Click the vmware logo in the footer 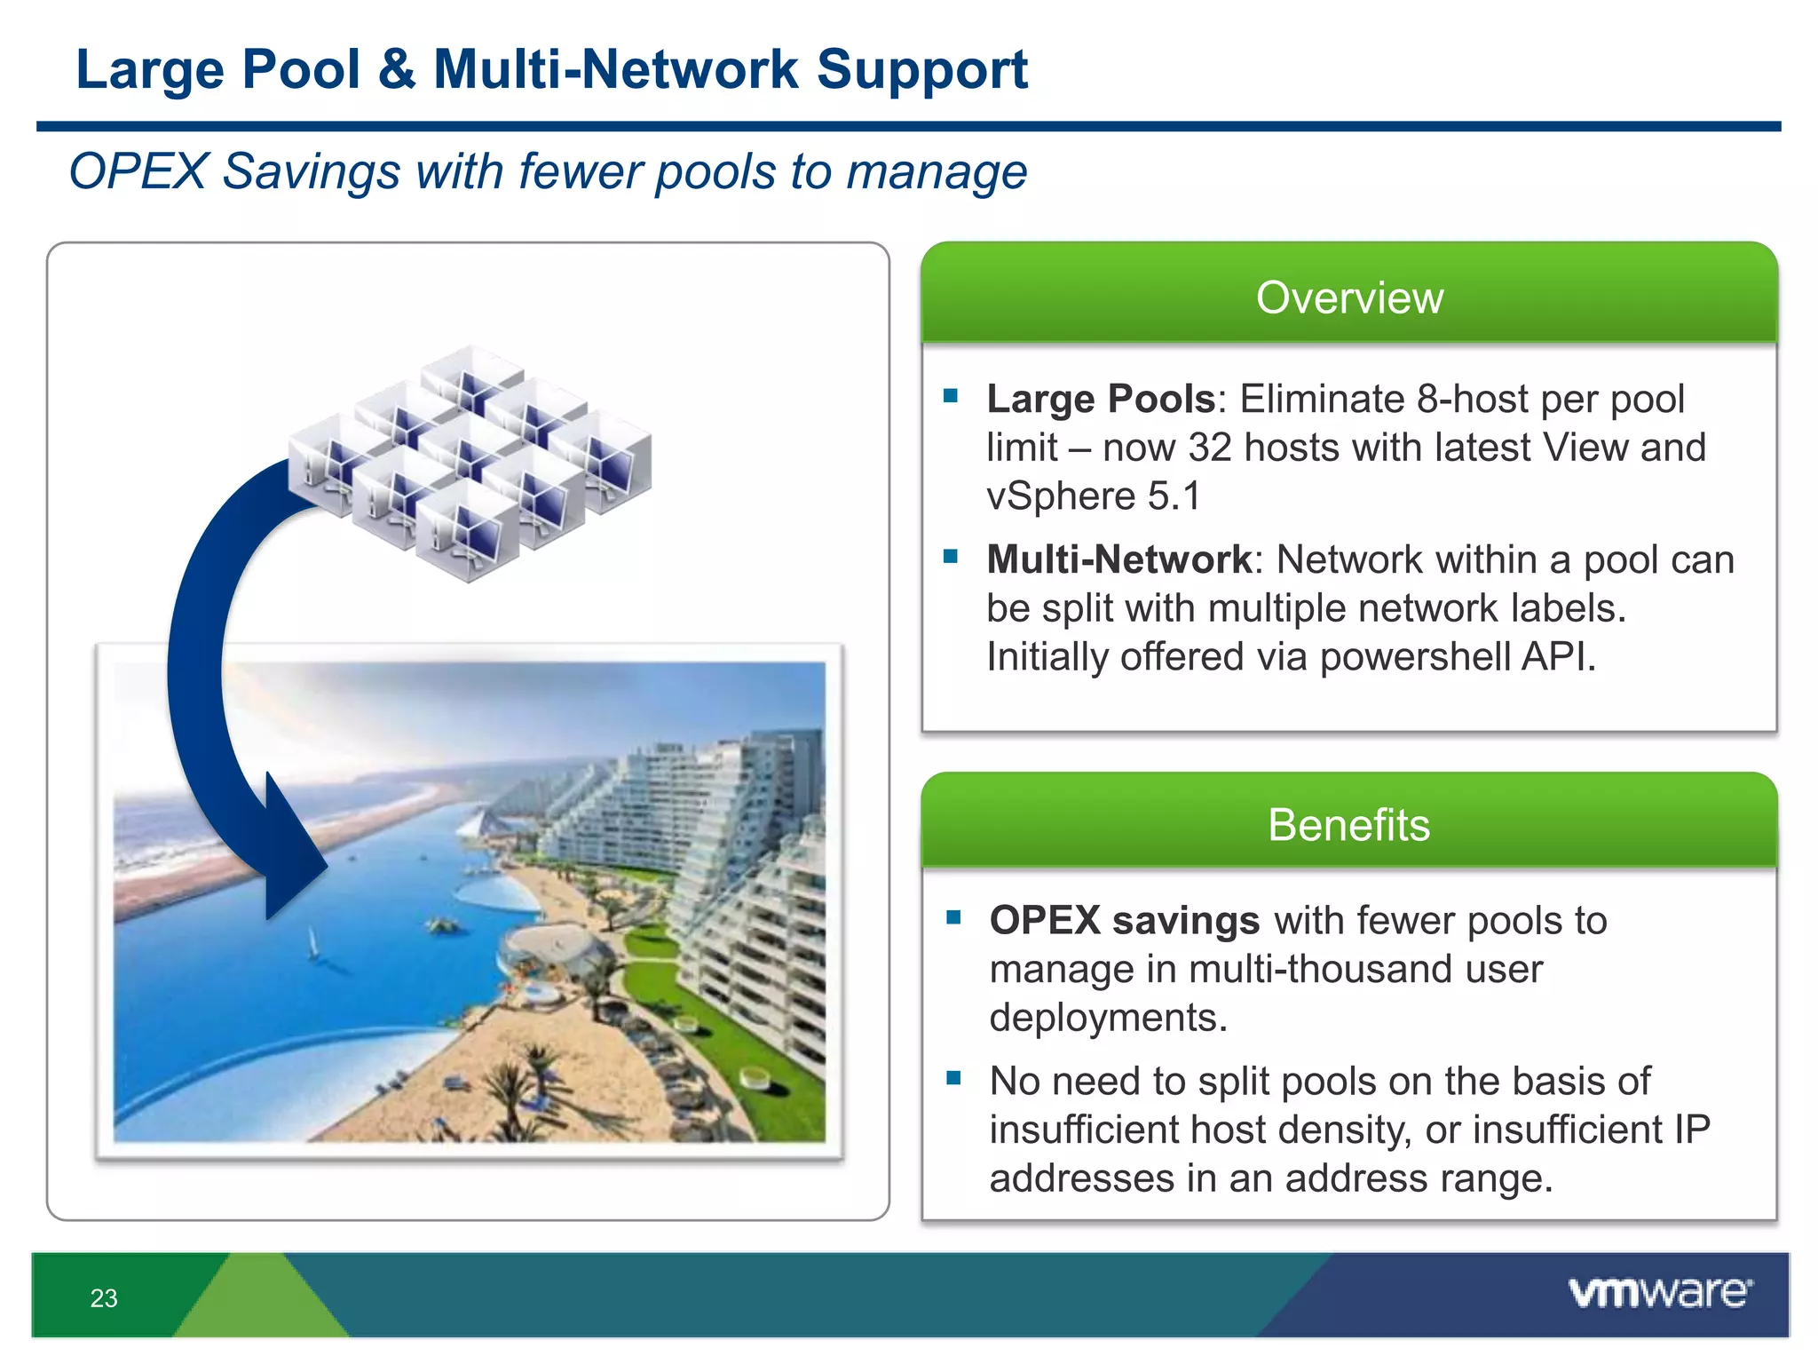1659,1292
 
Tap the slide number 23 104,1298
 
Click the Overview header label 1349,297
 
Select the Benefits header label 1348,825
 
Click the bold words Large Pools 1100,400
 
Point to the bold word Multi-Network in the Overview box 1118,560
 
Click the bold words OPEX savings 1124,921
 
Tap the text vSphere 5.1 1093,496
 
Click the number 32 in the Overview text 1210,448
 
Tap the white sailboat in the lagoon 312,942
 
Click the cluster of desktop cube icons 470,462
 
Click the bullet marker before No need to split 954,1078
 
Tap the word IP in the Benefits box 1692,1130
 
